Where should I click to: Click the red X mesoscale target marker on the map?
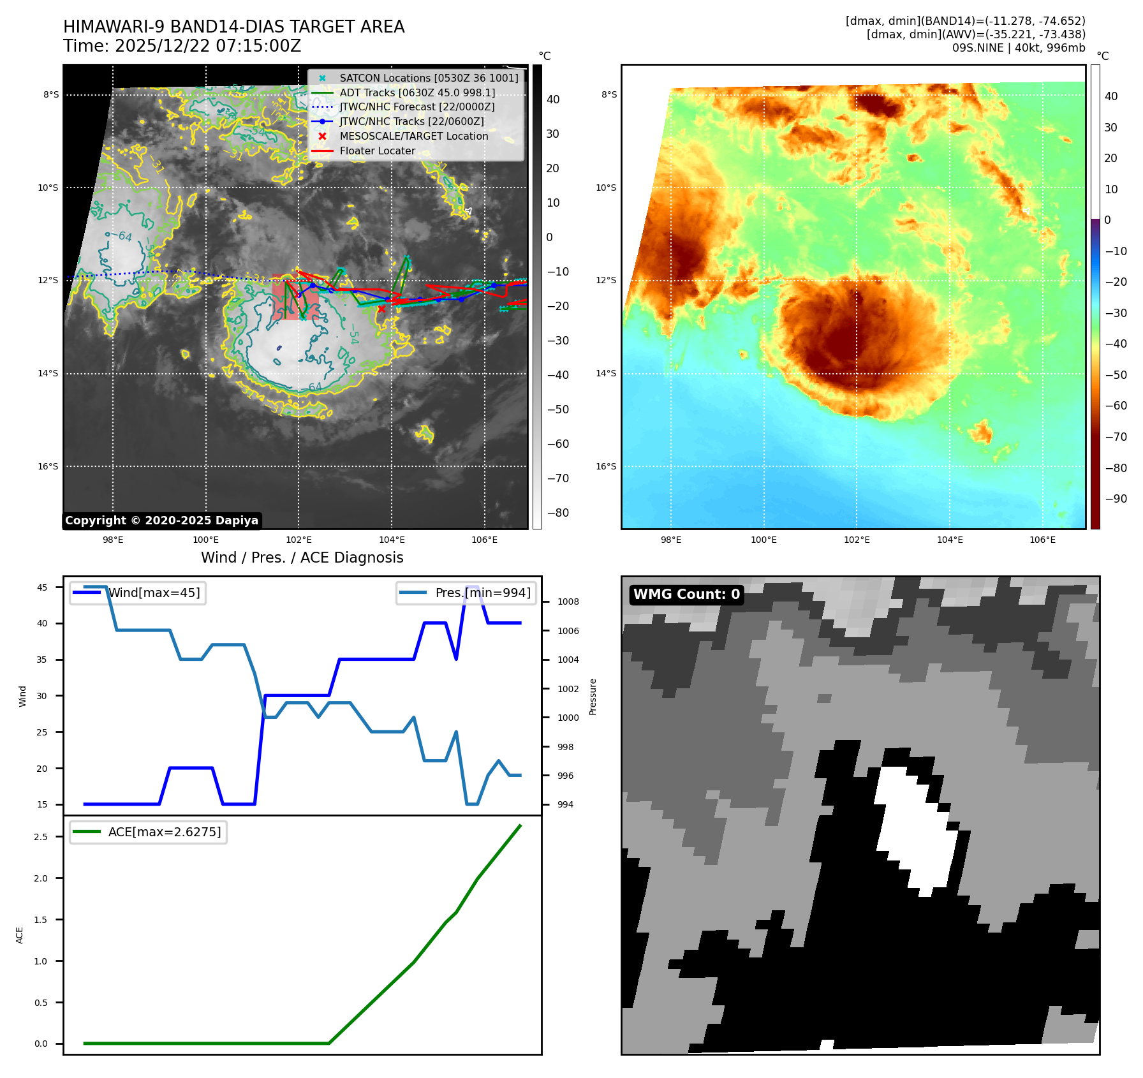click(x=381, y=309)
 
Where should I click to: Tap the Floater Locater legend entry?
click(x=377, y=151)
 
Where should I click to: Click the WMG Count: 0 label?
click(x=686, y=594)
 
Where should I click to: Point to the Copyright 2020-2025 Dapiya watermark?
click(x=161, y=521)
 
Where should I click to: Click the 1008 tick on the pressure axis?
click(x=568, y=602)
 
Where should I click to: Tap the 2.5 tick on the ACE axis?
click(x=41, y=837)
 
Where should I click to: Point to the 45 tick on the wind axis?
click(x=42, y=587)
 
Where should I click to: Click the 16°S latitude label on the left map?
click(x=48, y=466)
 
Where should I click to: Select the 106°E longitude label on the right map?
click(x=1042, y=540)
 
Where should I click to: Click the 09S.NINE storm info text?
click(x=1018, y=48)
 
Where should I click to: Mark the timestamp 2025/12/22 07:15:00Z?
click(x=208, y=46)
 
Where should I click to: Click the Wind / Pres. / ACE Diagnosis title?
click(x=302, y=557)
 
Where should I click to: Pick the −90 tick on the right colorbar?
click(x=1116, y=499)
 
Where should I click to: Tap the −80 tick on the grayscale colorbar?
click(x=557, y=513)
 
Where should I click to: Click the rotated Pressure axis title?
click(x=593, y=697)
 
